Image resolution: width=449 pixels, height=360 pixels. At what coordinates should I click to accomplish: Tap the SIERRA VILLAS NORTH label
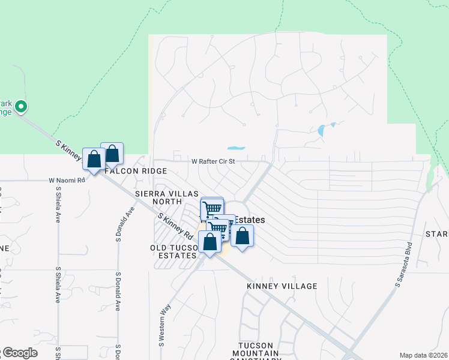point(159,197)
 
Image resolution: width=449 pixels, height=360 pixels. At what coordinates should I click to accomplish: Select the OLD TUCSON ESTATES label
point(173,251)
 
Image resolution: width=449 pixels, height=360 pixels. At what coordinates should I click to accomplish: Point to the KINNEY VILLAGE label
point(282,286)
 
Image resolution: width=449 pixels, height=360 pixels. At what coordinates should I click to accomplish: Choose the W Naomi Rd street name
point(67,180)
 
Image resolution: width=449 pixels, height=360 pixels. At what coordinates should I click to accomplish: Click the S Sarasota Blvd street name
point(405,265)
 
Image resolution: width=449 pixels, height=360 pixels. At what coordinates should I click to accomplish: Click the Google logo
point(19,353)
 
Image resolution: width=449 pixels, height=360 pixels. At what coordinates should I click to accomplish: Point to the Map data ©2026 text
point(423,355)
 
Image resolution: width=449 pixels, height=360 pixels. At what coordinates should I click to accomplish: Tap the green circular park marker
point(21,107)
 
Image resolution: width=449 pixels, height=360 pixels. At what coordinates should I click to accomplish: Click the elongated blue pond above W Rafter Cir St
point(236,148)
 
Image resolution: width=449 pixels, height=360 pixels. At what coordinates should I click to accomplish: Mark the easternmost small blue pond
point(324,130)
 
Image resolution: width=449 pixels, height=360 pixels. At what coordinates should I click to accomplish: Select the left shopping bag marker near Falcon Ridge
point(94,160)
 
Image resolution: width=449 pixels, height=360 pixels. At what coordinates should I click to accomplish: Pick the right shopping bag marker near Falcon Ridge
point(112,154)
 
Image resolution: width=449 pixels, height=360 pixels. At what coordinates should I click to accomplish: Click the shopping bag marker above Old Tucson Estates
point(209,242)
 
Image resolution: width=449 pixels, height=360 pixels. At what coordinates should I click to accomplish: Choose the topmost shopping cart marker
point(211,209)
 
